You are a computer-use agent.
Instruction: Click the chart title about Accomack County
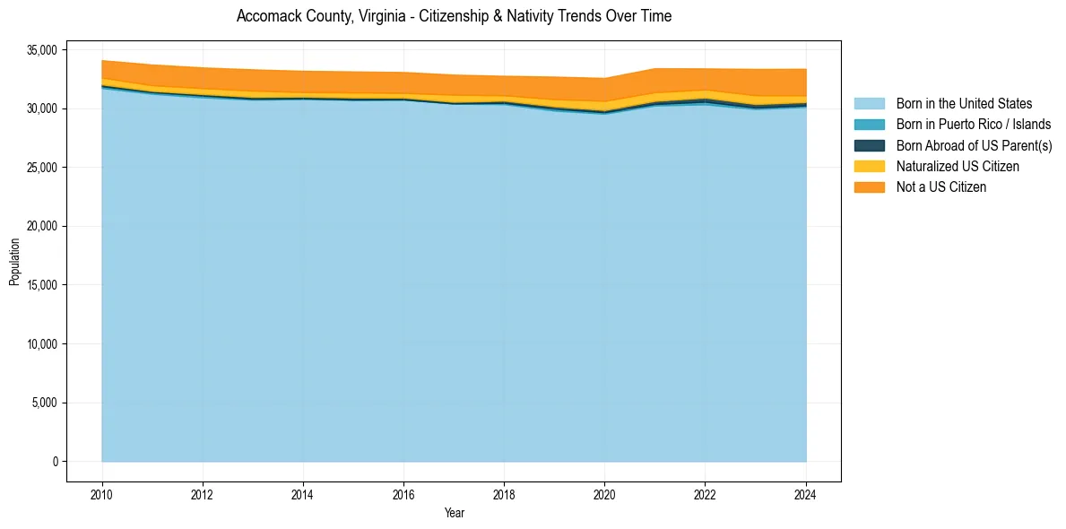[x=454, y=16]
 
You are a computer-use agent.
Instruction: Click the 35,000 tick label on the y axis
[x=43, y=50]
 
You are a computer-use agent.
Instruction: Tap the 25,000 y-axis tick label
[x=43, y=168]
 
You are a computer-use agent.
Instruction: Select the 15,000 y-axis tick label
[x=43, y=285]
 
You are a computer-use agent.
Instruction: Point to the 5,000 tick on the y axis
[x=46, y=403]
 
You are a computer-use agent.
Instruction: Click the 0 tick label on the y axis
[x=55, y=462]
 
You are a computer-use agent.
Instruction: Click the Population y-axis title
[x=14, y=262]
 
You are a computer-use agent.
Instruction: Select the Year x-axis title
[x=455, y=514]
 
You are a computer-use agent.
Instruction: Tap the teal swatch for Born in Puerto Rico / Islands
[x=869, y=125]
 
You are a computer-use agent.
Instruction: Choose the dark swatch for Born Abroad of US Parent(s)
[x=869, y=145]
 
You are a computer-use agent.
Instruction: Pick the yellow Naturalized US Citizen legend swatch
[x=869, y=166]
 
